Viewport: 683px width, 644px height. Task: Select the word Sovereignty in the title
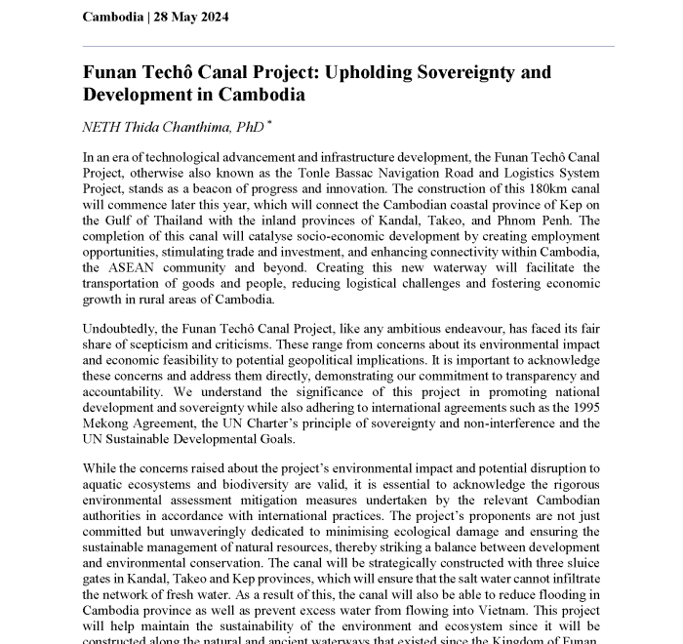pyautogui.click(x=472, y=72)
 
